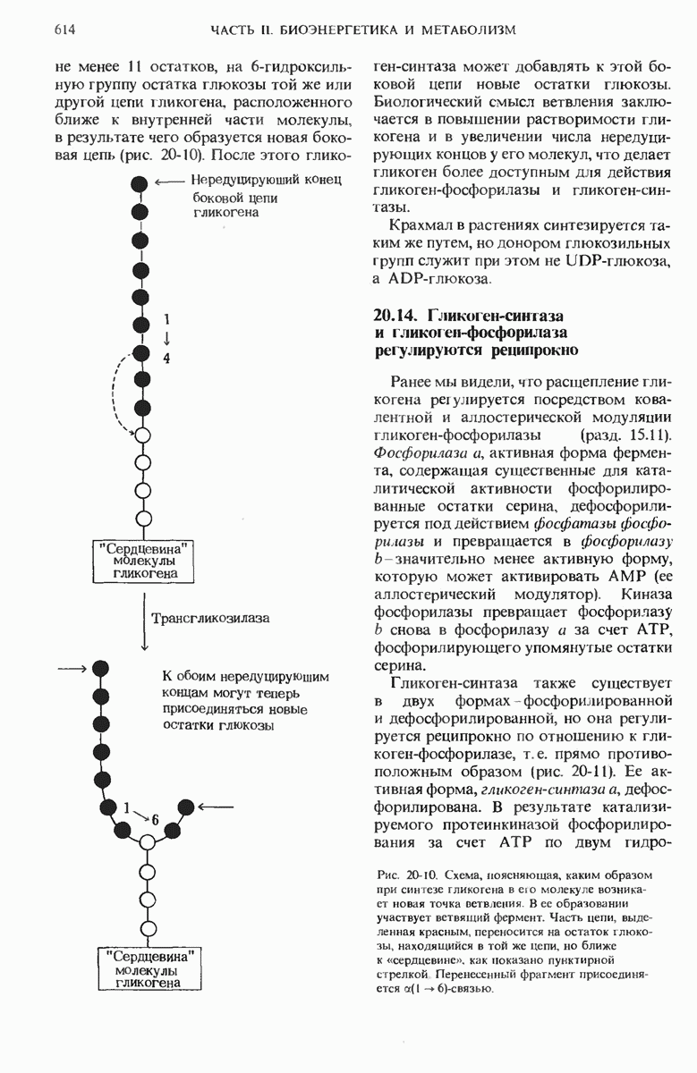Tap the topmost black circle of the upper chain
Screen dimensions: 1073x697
pyautogui.click(x=140, y=183)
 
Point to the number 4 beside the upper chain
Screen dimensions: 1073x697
pyautogui.click(x=166, y=358)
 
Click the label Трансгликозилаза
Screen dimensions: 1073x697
pyautogui.click(x=211, y=617)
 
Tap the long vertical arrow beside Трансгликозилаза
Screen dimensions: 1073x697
pyautogui.click(x=144, y=619)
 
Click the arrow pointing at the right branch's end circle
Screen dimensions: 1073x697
pyautogui.click(x=215, y=807)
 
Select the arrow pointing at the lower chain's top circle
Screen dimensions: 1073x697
pyautogui.click(x=72, y=668)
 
